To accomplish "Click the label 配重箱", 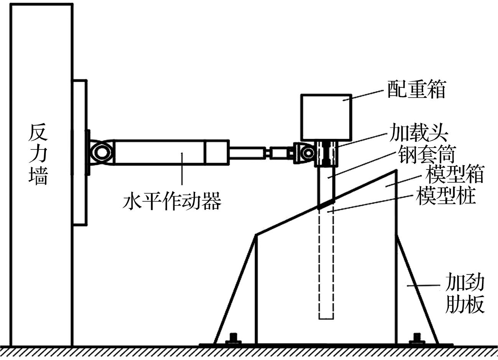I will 416,89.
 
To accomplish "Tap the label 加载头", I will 418,133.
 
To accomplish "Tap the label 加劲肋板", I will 465,294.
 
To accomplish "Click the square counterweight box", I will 326,117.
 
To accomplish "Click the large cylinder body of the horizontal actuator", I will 159,152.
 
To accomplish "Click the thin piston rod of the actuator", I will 247,152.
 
